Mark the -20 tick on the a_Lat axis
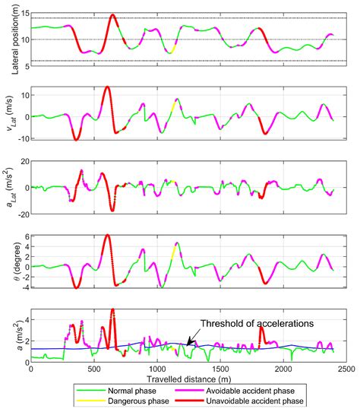21,214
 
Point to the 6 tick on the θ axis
24,236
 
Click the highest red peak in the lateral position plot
112,15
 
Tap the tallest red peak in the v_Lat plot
107,87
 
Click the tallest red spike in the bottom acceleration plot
112,309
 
